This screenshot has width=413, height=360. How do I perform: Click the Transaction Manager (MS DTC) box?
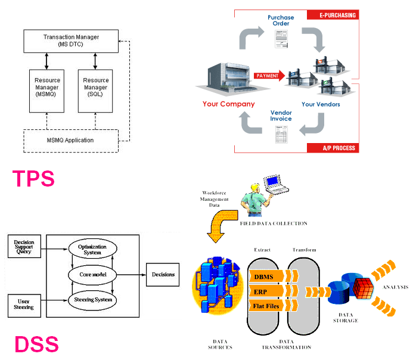pos(71,41)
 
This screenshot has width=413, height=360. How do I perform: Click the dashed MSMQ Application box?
pos(71,140)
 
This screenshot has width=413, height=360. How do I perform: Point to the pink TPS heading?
pos(33,178)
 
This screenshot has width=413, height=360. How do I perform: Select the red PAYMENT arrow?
pos(269,76)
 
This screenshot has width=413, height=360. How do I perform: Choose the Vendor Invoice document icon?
pos(281,136)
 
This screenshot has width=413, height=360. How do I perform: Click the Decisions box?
pos(162,274)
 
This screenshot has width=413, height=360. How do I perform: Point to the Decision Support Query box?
pos(23,246)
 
